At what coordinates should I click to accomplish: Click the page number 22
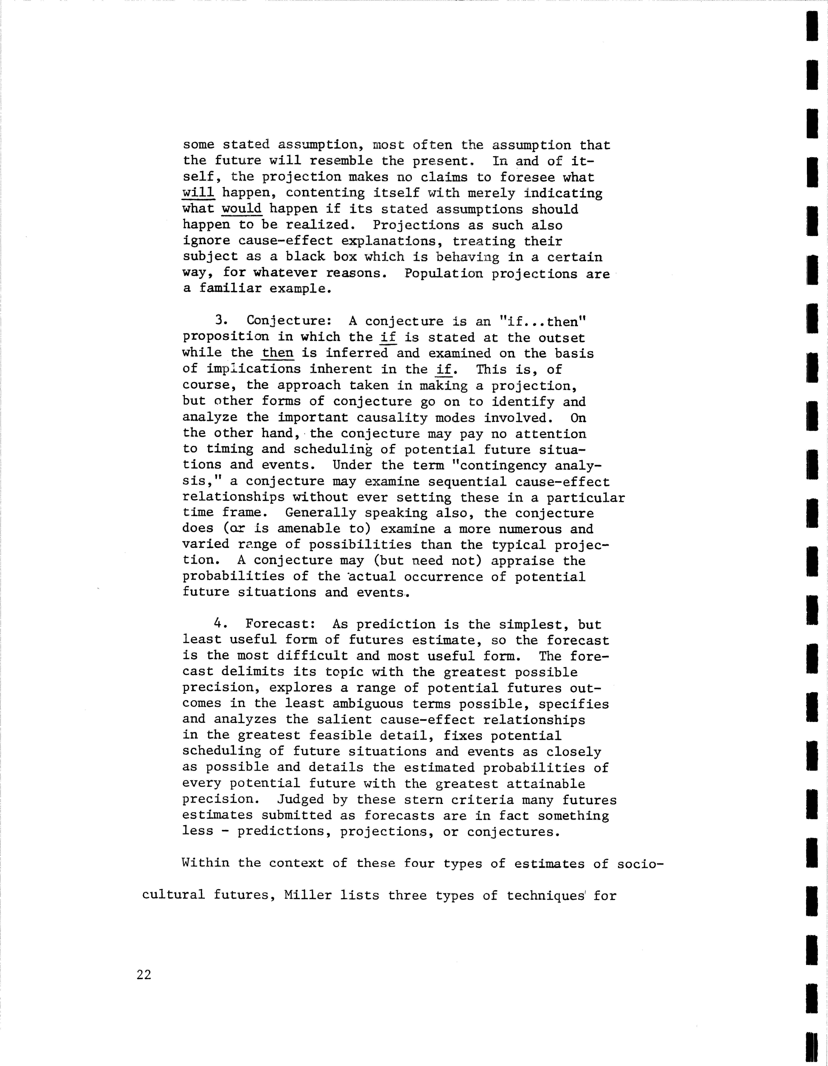(x=144, y=975)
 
